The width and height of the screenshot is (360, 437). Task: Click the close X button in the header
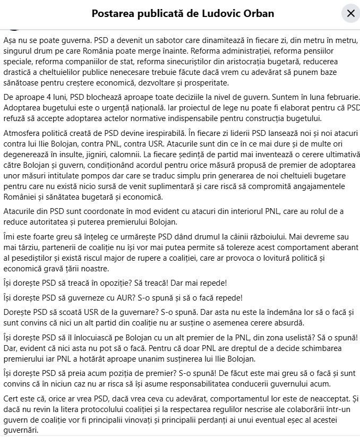point(350,13)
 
